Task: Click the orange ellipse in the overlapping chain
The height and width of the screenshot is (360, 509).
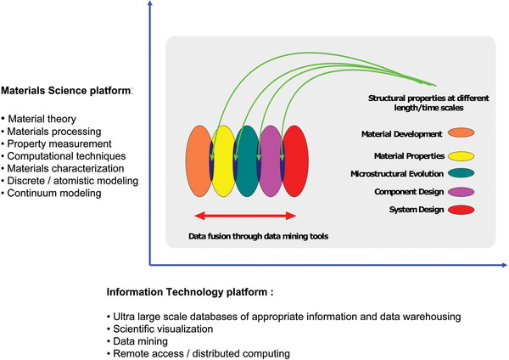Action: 198,161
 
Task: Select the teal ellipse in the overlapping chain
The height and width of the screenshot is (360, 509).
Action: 247,161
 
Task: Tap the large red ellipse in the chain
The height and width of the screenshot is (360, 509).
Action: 296,161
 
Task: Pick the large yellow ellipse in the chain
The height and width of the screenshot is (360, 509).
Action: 223,161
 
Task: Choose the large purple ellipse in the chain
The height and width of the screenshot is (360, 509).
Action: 271,161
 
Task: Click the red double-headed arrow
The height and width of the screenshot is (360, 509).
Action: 245,216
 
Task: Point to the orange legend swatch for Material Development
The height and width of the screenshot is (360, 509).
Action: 461,132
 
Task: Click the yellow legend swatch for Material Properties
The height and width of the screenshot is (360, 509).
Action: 461,156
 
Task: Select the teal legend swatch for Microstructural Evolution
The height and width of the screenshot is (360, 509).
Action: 461,173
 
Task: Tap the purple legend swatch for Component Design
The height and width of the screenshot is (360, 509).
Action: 461,192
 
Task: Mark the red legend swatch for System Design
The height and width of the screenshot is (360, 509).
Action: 461,210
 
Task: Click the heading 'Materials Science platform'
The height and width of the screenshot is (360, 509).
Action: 66,91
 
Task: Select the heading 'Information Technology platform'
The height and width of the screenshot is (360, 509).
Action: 187,292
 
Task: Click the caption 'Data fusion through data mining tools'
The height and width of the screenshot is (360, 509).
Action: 259,236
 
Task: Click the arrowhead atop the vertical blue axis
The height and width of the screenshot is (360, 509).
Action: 150,3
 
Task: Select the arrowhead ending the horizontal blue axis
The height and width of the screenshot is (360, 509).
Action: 504,265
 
